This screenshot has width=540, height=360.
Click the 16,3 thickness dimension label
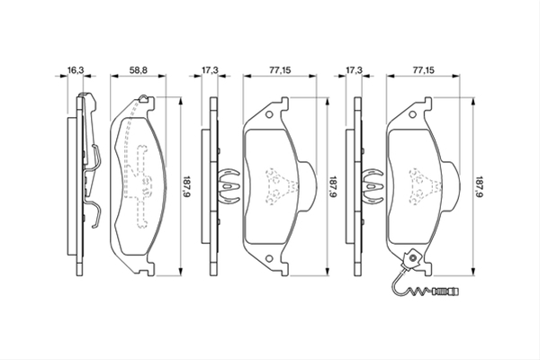coord(76,70)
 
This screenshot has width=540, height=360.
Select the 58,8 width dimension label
coord(138,70)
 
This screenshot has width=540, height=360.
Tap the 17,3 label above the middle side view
coord(210,70)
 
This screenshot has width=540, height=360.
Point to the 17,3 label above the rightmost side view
coord(354,70)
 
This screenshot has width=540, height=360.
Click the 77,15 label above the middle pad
coord(280,70)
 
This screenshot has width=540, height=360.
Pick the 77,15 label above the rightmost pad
coord(423,70)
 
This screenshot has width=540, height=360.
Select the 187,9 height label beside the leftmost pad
coord(186,186)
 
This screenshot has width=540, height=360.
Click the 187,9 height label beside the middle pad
coord(332,186)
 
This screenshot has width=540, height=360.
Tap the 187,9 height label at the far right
coord(480,186)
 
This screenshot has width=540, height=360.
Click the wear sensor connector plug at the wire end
coord(446,292)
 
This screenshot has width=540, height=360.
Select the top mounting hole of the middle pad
coord(269,114)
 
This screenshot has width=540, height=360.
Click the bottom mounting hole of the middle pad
coord(269,258)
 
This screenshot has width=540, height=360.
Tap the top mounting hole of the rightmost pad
coord(412,114)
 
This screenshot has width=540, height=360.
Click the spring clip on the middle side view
coord(228,186)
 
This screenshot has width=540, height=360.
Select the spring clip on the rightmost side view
coord(372,186)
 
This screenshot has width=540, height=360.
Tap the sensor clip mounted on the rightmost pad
coord(411,259)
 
